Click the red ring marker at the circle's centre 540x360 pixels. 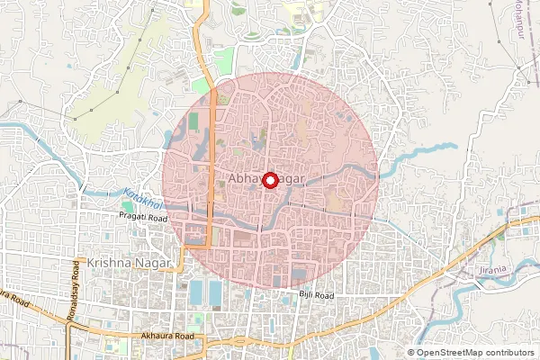point(269,178)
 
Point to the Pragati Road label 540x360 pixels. point(143,218)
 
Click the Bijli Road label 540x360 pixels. point(316,295)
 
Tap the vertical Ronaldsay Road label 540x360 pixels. point(76,306)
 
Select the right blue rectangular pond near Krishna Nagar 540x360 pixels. point(215,292)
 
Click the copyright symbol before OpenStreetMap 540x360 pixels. point(411,353)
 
